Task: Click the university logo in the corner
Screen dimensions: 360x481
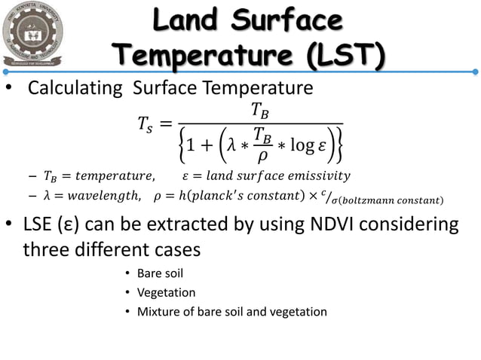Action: pos(46,37)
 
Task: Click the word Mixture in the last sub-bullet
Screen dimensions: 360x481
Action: pos(158,312)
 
